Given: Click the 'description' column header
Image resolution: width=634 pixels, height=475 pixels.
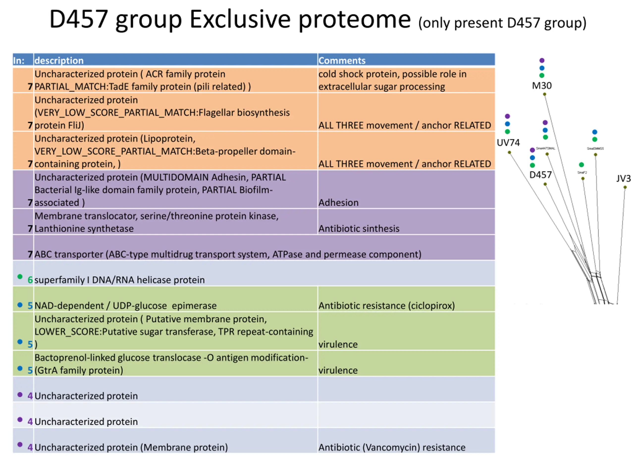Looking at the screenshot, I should (x=59, y=60).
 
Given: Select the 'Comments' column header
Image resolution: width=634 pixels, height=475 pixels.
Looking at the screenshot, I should (x=342, y=60).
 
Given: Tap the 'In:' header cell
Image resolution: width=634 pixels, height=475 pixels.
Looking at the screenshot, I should (x=19, y=60).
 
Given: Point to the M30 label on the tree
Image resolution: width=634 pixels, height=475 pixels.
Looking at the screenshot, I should (x=541, y=86).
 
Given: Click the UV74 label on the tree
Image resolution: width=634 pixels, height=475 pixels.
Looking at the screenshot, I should (x=508, y=142).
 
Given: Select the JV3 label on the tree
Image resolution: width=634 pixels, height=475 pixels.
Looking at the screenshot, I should (x=623, y=179).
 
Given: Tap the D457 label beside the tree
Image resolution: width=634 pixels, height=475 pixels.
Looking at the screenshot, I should (x=540, y=175).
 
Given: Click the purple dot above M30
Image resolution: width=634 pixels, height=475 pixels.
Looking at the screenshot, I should (x=542, y=60).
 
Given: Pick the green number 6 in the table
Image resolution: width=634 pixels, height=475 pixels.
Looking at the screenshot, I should (x=30, y=280).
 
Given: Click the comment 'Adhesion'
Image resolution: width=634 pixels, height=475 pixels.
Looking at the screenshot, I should (x=338, y=203).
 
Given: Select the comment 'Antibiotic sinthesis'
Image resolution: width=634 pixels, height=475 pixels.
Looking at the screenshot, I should (x=359, y=229).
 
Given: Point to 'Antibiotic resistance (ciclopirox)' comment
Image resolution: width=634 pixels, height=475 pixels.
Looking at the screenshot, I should (x=386, y=306).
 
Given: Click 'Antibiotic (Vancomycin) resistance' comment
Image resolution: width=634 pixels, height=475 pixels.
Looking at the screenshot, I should (x=392, y=447).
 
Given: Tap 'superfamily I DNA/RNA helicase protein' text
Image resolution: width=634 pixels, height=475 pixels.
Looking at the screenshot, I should (x=120, y=280).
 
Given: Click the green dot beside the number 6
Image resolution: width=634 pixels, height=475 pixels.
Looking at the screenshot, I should (x=20, y=277).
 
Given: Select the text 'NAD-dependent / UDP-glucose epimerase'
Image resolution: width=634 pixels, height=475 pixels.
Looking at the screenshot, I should (x=125, y=306).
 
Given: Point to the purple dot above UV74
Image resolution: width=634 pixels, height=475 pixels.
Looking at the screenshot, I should (x=507, y=116).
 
